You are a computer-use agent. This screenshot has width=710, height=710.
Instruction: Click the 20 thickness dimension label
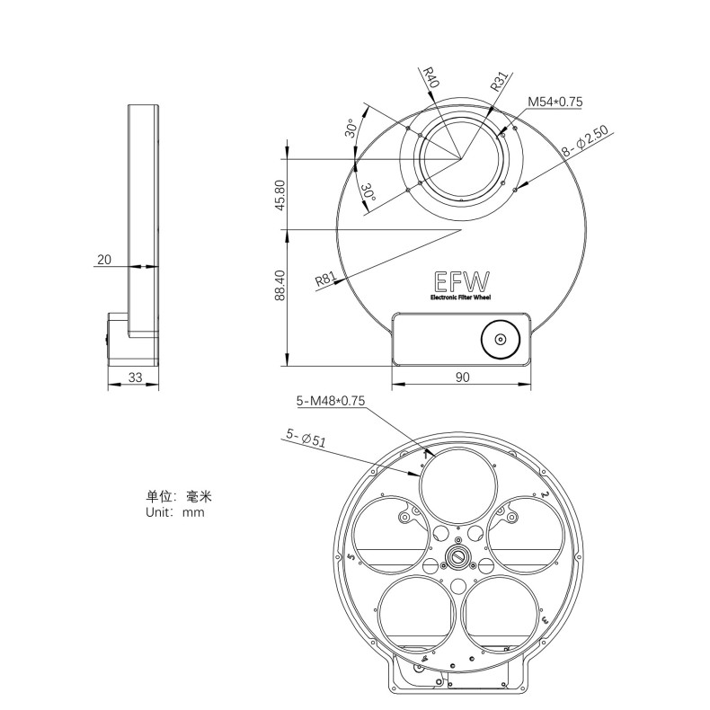[104, 259]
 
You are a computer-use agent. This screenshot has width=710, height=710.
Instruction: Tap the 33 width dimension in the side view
[134, 378]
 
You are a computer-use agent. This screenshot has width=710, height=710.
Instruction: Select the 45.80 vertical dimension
[280, 195]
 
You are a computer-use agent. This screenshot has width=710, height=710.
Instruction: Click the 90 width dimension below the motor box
[462, 378]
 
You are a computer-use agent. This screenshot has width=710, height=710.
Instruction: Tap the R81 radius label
[325, 280]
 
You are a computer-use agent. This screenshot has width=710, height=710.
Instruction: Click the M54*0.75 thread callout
[555, 102]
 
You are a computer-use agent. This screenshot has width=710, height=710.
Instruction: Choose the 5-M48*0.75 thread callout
[331, 402]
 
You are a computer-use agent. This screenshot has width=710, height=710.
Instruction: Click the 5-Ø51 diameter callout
[305, 438]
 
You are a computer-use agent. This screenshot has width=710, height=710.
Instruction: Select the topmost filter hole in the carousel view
[457, 488]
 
